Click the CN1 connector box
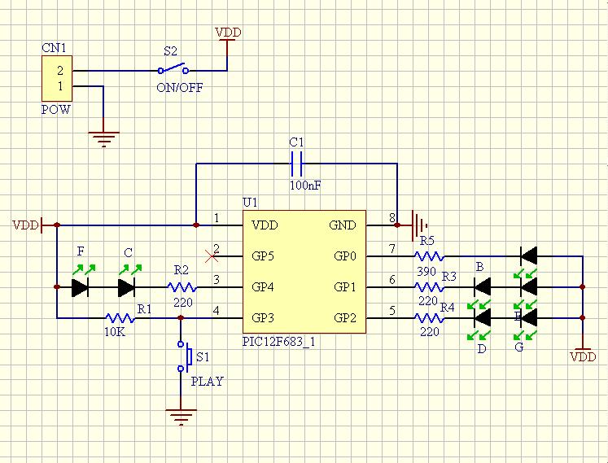pos(57,79)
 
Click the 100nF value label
pos(304,186)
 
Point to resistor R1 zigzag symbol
pos(119,317)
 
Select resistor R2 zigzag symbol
pos(182,287)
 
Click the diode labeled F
pos(80,287)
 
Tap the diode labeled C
pos(126,287)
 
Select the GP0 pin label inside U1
pos(345,256)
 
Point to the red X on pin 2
pos(213,256)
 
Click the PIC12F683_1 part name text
pos(278,342)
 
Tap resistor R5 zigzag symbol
pos(428,256)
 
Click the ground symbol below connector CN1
pos(103,138)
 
